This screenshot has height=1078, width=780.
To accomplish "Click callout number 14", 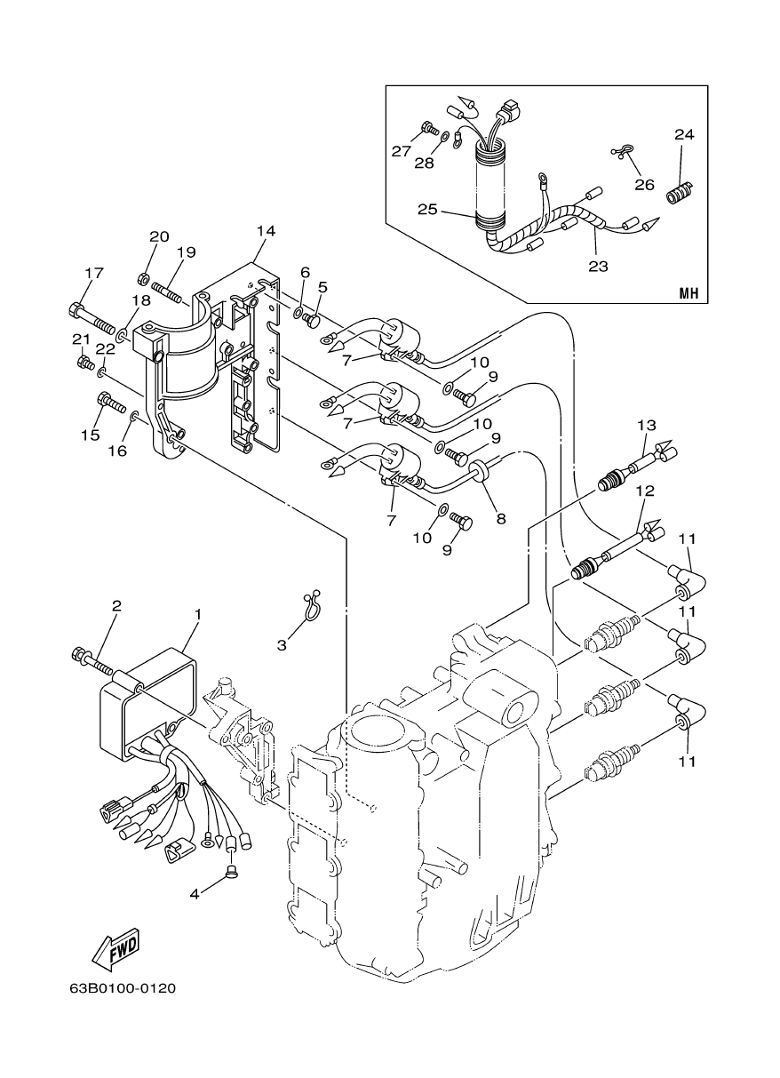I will click(x=266, y=231).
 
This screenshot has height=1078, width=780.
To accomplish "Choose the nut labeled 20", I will click(x=144, y=280).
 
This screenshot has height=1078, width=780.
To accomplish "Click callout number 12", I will click(x=644, y=491).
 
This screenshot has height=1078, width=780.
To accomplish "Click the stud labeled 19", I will click(x=167, y=290).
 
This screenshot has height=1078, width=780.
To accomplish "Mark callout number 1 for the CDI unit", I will click(x=198, y=614).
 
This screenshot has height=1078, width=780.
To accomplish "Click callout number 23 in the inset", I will click(x=600, y=264).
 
